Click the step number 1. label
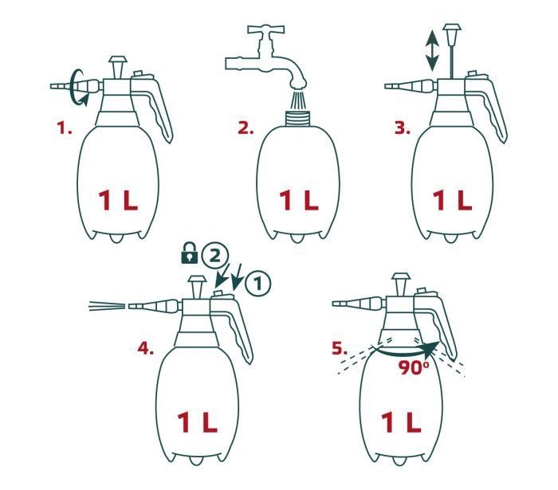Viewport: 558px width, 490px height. pos(65,127)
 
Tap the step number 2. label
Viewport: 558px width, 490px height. pos(246,127)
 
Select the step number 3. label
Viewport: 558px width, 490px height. pos(402,127)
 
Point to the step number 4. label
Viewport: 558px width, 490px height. pos(146,348)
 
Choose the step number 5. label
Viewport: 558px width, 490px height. pos(340,348)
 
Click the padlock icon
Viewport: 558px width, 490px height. pos(190,253)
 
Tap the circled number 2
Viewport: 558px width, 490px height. pos(214,256)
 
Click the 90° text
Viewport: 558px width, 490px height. pos(414,368)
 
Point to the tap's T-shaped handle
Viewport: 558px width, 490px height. pos(266,29)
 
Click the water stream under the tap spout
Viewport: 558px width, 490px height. pos(297,100)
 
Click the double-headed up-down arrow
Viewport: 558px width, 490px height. pos(432,50)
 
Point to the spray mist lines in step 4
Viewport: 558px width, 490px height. pos(107,306)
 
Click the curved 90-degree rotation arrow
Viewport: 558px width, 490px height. pos(407,351)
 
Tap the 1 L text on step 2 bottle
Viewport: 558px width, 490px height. pos(299,200)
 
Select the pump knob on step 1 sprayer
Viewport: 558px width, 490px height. pos(118,66)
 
